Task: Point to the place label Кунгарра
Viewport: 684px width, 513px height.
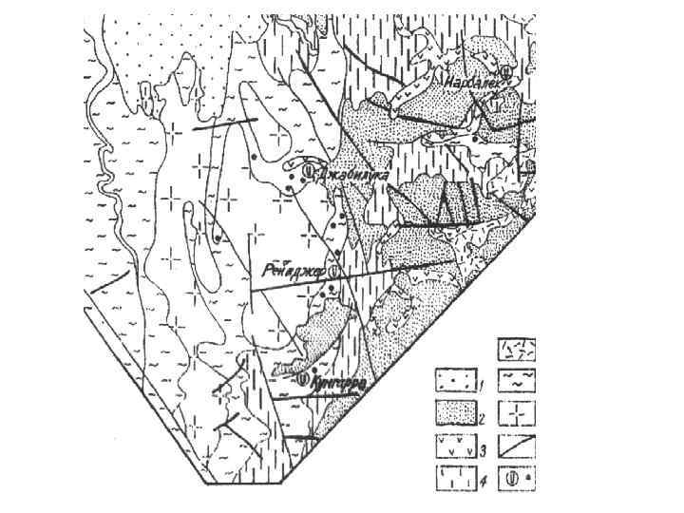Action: click(336, 380)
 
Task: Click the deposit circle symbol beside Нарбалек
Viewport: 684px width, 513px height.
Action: click(507, 70)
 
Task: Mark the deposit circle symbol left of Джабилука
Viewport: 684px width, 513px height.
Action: click(308, 172)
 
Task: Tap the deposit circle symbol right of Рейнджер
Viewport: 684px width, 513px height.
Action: click(333, 274)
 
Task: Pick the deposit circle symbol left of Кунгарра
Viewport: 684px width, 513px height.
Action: click(302, 380)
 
